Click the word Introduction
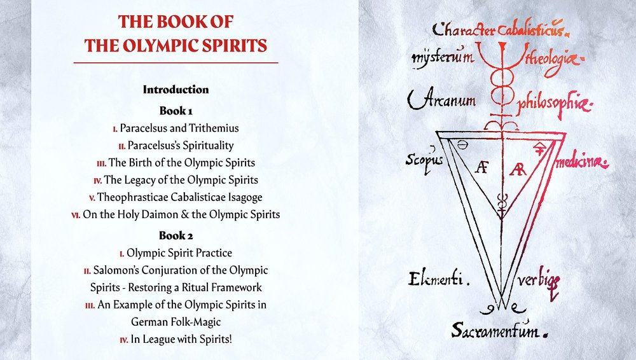tap(176, 90)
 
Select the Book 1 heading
tap(176, 111)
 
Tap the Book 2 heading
tap(176, 235)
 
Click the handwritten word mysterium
tap(442, 59)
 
